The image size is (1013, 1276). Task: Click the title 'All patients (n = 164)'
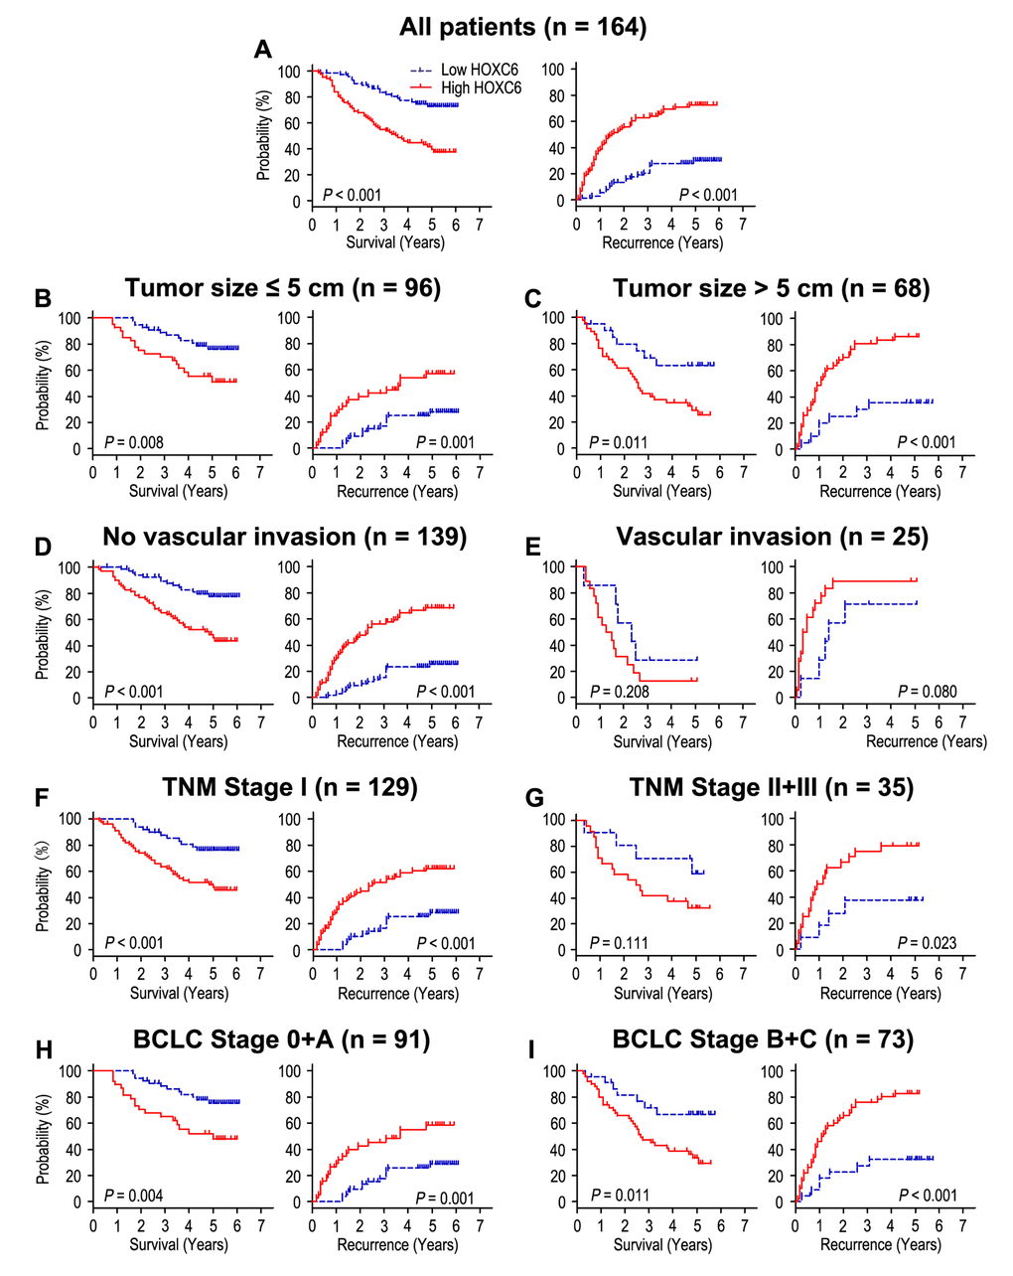[522, 27]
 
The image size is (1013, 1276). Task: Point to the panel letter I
[532, 1049]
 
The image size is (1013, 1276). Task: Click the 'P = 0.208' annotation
[621, 691]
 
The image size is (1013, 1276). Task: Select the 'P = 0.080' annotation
[928, 691]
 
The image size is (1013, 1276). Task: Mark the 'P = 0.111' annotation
[621, 942]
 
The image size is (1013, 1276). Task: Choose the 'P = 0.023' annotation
[928, 942]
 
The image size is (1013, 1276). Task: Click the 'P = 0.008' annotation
[134, 441]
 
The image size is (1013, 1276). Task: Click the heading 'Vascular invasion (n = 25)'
[772, 537]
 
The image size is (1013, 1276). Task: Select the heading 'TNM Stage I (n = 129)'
[290, 788]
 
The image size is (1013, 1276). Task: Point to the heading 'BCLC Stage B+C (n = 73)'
[763, 1039]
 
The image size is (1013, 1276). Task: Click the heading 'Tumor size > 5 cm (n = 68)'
[772, 288]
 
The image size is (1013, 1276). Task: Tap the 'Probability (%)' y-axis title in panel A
[263, 135]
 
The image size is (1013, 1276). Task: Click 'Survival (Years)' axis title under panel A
[395, 242]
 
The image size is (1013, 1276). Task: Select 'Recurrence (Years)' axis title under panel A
[660, 242]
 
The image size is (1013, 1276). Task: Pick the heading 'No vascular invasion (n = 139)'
[284, 537]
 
